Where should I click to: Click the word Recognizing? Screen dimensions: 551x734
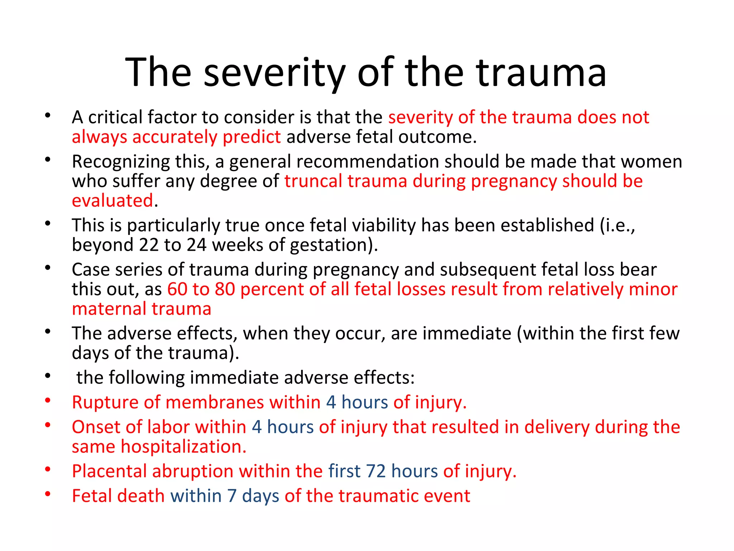(120, 162)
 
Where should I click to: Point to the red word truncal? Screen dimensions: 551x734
(313, 181)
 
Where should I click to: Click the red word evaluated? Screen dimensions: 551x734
(113, 201)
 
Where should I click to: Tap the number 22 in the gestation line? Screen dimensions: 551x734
(149, 245)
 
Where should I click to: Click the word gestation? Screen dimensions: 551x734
(329, 245)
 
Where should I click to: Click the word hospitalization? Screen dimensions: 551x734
(183, 447)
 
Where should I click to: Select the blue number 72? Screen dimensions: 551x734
(375, 471)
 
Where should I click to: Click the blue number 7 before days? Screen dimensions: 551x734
(232, 496)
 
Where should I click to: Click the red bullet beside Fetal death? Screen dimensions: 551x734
(48, 494)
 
